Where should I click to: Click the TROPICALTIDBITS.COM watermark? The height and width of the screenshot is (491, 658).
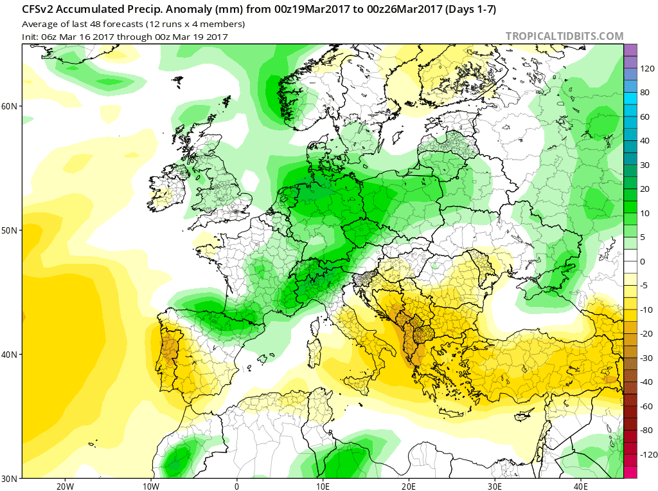point(564,37)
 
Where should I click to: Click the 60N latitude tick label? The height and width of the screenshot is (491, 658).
point(10,106)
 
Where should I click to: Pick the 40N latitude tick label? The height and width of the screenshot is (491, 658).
point(10,355)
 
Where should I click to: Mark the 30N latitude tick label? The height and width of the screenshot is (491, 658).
point(10,478)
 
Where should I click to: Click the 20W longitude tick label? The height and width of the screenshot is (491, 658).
point(65,486)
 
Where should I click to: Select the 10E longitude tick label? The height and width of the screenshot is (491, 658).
point(323,486)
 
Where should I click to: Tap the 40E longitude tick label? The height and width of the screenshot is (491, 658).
point(581,486)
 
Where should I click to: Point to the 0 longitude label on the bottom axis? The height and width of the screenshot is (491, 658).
point(236,486)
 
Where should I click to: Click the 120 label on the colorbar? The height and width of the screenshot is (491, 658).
point(646,69)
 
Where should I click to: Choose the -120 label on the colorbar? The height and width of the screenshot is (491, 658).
point(645,454)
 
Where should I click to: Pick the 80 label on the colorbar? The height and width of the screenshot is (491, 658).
point(644,93)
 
